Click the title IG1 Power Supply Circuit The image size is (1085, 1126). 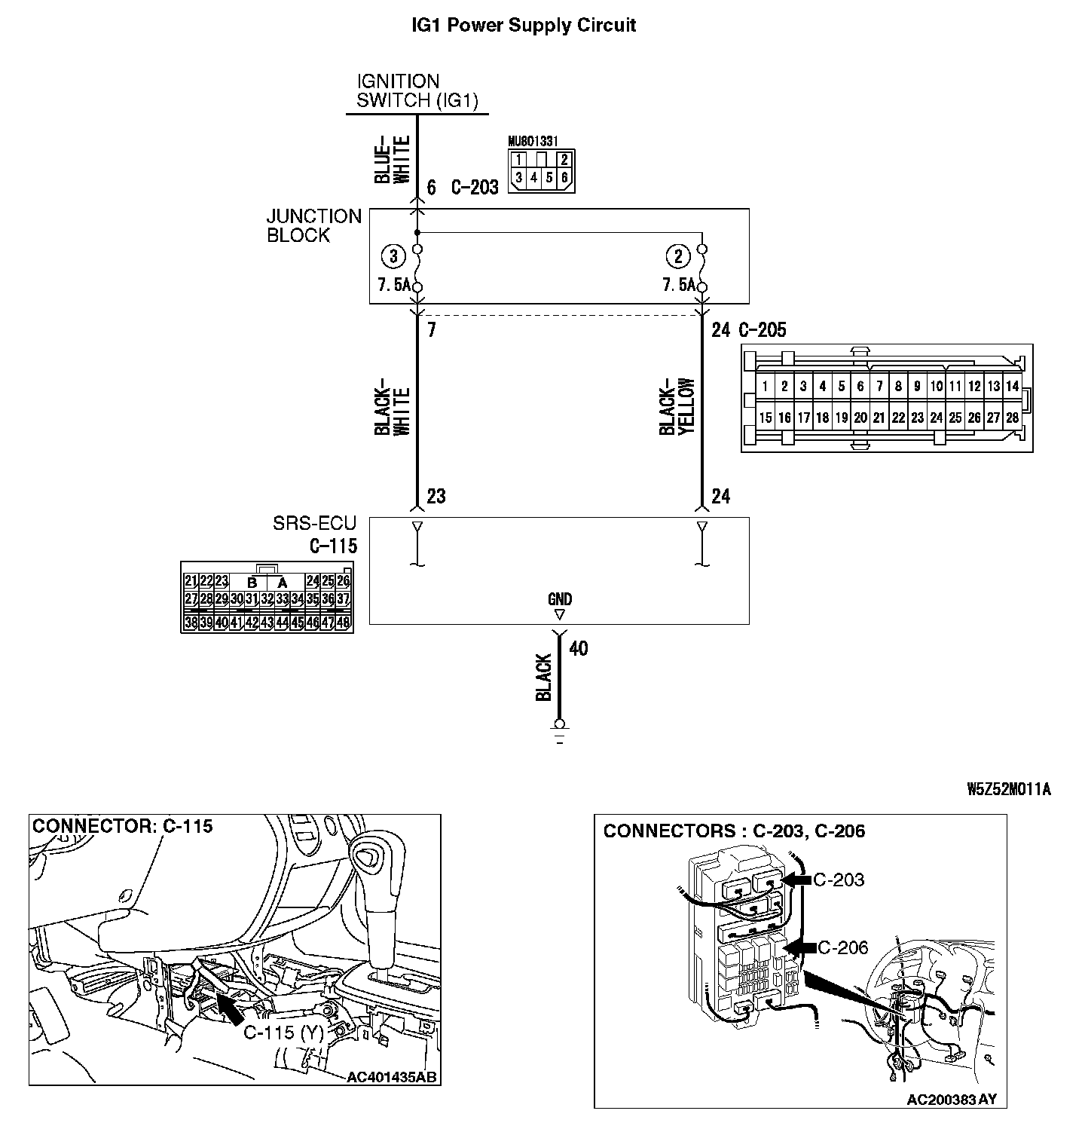[x=524, y=25]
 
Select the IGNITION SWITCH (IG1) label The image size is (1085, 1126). [x=417, y=91]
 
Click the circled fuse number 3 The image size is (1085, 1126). [x=393, y=256]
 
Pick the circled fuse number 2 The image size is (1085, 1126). [x=677, y=256]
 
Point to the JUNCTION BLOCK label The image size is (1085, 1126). [x=313, y=225]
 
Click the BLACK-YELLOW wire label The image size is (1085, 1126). [x=677, y=405]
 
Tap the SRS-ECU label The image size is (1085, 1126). [x=314, y=523]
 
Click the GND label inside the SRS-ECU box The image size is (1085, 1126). [x=560, y=599]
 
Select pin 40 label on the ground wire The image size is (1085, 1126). [x=578, y=648]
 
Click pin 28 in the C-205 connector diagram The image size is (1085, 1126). [x=1012, y=418]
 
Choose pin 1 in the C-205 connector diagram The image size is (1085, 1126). [x=765, y=387]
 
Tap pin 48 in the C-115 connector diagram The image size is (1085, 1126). [x=343, y=623]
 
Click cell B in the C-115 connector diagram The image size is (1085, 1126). [x=252, y=583]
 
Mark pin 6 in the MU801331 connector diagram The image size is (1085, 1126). [x=564, y=178]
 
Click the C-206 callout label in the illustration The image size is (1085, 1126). [x=842, y=947]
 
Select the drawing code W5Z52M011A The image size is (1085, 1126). [x=1008, y=789]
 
